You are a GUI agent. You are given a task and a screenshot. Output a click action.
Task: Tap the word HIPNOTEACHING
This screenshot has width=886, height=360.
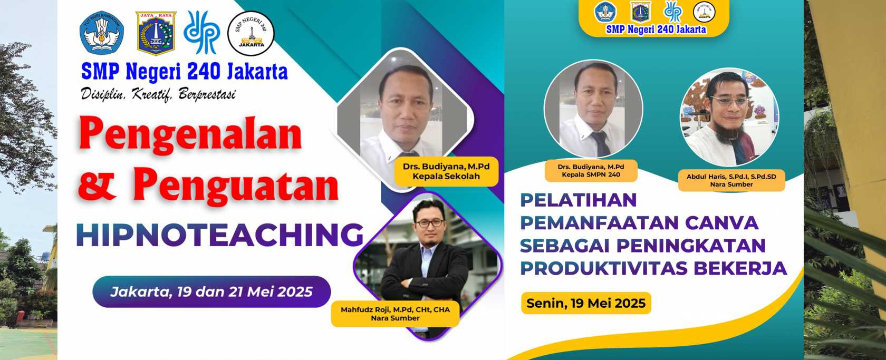click(219, 235)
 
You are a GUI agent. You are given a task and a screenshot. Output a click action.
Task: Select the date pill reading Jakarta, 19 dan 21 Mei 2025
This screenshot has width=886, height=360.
click(211, 291)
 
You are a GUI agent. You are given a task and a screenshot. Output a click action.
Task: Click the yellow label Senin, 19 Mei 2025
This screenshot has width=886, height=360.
click(586, 303)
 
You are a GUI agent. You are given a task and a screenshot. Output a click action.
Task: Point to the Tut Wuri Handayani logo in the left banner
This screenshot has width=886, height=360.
click(102, 32)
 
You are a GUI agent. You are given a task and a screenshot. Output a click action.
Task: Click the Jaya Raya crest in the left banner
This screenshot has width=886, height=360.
click(156, 33)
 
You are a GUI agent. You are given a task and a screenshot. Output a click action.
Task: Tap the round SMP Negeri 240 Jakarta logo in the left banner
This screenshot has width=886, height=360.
click(251, 33)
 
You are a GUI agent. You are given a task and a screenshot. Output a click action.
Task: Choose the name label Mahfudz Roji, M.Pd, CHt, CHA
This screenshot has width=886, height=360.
click(395, 314)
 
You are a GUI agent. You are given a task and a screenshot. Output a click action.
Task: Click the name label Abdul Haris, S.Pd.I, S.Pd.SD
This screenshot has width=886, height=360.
click(731, 180)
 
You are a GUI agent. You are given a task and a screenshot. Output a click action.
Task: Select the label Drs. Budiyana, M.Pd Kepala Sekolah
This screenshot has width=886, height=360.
click(446, 171)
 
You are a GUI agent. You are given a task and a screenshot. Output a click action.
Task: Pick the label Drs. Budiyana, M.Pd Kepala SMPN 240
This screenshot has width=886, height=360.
click(591, 171)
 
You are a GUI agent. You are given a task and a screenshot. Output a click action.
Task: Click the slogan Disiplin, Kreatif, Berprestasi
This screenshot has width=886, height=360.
click(158, 94)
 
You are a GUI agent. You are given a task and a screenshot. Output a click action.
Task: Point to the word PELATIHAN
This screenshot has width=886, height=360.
click(578, 200)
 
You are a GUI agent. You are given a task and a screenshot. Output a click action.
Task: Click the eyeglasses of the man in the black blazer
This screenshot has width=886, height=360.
click(429, 223)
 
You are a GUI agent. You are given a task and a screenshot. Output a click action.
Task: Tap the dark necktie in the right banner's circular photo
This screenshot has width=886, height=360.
click(601, 143)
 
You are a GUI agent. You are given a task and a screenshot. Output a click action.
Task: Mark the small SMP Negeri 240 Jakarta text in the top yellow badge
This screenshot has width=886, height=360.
click(656, 29)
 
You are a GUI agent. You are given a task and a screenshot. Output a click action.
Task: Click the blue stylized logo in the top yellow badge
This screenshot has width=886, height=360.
click(672, 12)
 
